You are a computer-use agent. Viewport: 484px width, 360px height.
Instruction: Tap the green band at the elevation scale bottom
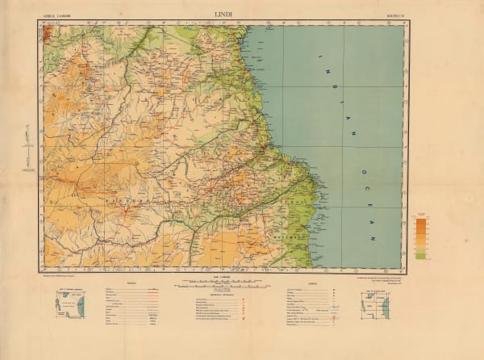click(420, 254)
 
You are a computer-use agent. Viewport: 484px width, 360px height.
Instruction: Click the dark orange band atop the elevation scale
click(420, 220)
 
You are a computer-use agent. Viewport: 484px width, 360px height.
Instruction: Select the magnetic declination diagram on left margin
click(27, 145)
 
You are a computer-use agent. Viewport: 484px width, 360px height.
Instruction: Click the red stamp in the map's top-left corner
click(47, 32)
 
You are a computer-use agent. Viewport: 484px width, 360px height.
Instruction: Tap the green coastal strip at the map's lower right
click(303, 234)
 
